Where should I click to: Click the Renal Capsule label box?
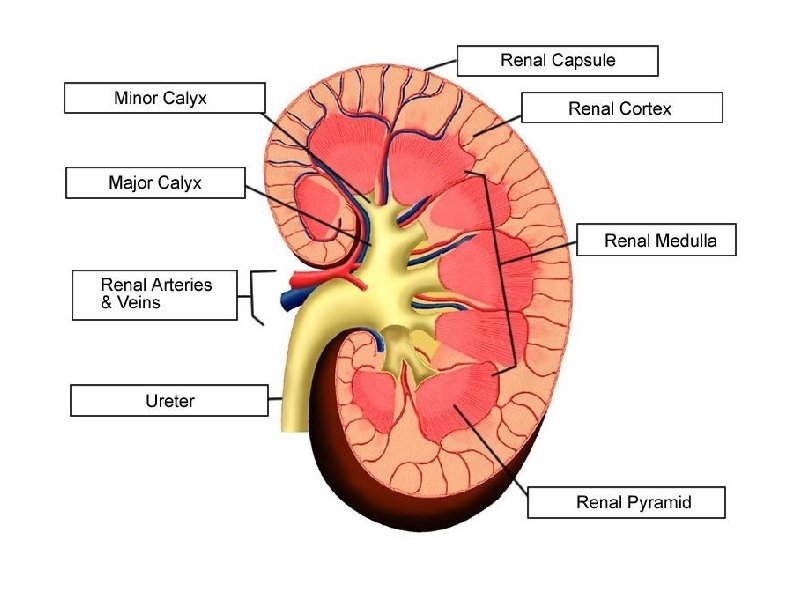point(557,60)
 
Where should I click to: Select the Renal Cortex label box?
point(621,108)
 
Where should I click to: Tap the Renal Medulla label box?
point(656,240)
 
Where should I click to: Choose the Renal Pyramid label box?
point(626,502)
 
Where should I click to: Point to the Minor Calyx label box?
point(165,98)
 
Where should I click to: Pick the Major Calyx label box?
point(155,183)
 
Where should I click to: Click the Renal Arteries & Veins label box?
point(155,294)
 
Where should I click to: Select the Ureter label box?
point(170,401)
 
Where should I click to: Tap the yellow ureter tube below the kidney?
point(295,390)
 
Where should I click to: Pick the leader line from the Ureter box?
point(275,401)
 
